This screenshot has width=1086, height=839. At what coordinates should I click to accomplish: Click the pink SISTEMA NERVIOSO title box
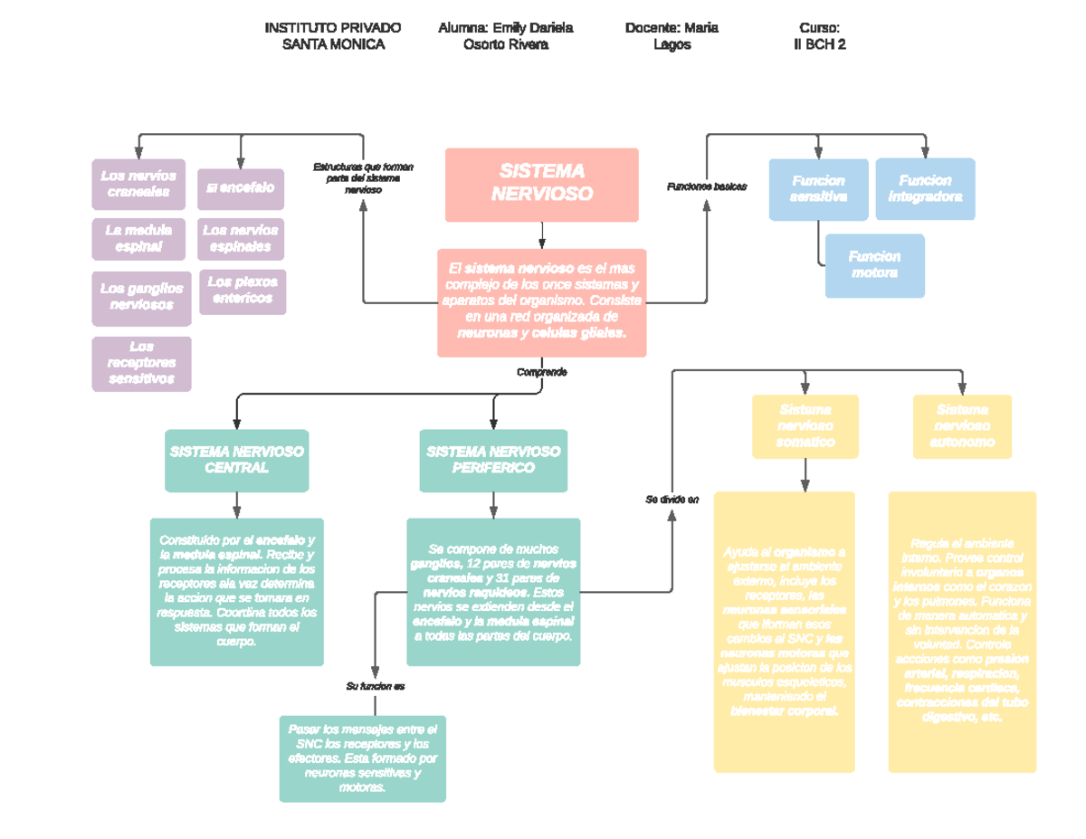click(x=541, y=184)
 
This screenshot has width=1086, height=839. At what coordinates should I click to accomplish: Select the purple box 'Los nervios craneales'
click(x=138, y=183)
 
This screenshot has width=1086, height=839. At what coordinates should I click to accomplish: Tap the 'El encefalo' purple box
click(x=241, y=188)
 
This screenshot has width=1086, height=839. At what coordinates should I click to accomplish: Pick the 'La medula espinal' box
click(x=138, y=237)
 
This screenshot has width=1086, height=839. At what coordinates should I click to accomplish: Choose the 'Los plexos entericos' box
click(x=242, y=291)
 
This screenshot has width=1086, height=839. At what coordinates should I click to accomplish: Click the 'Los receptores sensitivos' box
click(x=141, y=363)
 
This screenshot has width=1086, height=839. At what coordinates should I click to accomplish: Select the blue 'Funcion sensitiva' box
click(x=818, y=189)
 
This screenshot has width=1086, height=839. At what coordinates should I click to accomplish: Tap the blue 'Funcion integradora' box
click(x=925, y=188)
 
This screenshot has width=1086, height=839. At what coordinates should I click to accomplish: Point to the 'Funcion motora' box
click(x=874, y=265)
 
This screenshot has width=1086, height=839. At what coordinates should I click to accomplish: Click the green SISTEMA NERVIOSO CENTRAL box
click(x=237, y=460)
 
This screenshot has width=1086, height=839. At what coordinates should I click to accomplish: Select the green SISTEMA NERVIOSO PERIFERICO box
click(x=493, y=460)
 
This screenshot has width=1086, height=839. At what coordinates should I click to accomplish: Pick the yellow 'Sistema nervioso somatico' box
click(x=805, y=426)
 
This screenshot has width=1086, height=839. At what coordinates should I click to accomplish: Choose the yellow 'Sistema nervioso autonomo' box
click(x=962, y=426)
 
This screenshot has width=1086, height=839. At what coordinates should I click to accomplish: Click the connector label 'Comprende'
click(x=541, y=372)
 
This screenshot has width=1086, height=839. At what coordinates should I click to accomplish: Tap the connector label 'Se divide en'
click(x=672, y=500)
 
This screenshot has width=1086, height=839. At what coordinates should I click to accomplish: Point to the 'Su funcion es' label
click(x=375, y=686)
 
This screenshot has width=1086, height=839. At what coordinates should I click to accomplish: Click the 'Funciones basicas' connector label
click(x=706, y=186)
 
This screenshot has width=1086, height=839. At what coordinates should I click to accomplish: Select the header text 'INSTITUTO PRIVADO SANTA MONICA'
click(x=333, y=36)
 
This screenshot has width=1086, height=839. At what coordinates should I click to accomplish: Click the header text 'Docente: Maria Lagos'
click(x=672, y=36)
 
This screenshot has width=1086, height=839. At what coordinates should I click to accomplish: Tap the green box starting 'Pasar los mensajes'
click(x=362, y=758)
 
